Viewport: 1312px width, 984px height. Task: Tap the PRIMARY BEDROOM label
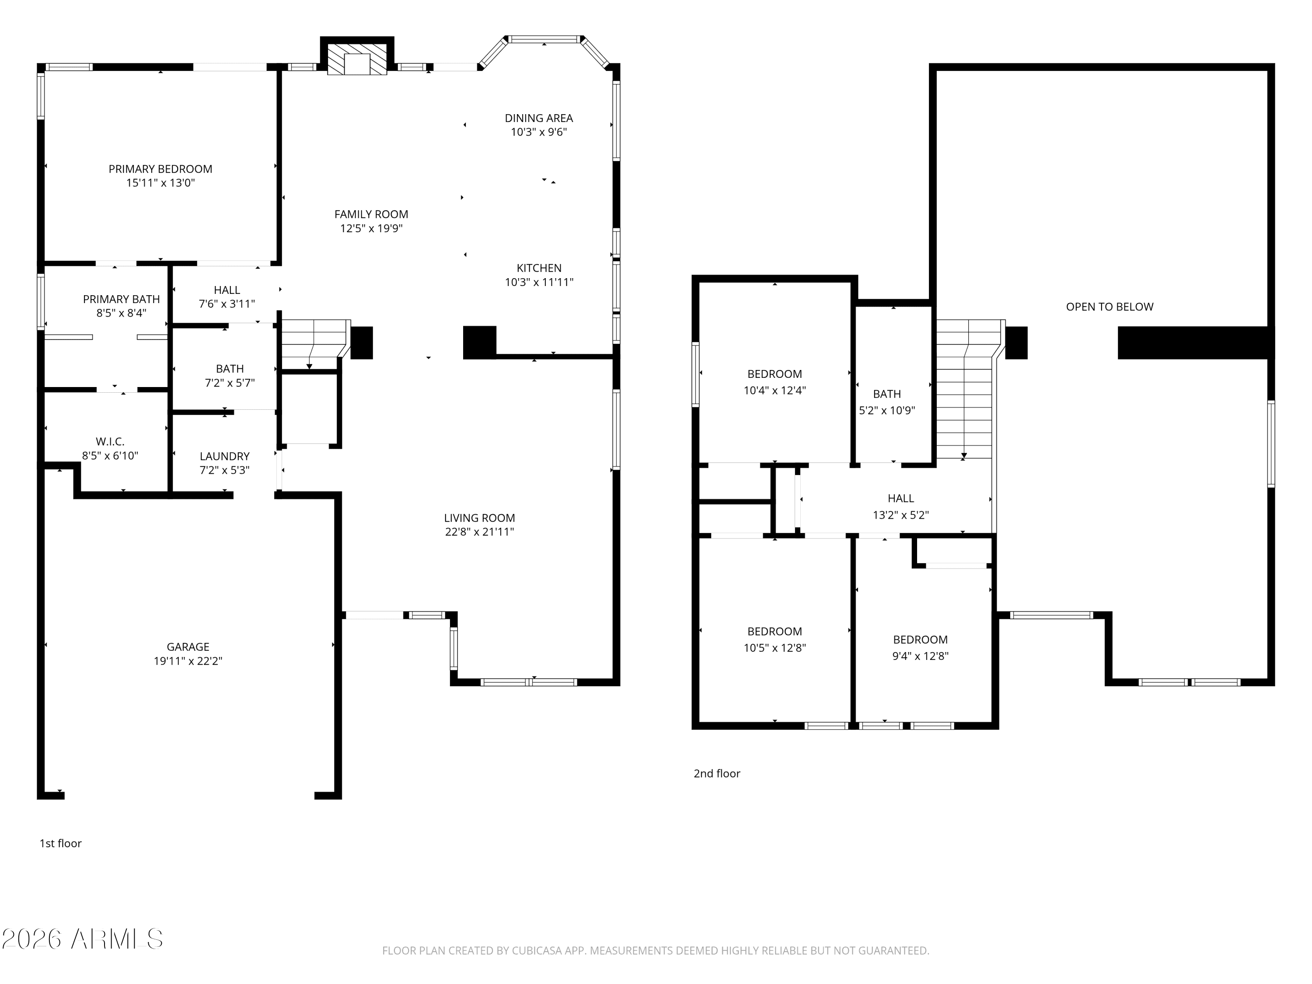[x=160, y=169]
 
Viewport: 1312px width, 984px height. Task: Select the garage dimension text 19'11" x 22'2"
[x=188, y=661]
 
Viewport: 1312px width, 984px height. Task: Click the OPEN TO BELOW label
[x=1109, y=307]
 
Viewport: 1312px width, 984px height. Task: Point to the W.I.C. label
[x=110, y=441]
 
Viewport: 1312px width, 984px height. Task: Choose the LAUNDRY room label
[x=224, y=456]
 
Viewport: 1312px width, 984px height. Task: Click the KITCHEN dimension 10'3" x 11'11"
[x=538, y=283]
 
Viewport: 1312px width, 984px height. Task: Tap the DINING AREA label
[x=538, y=118]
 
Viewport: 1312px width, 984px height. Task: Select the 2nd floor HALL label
[x=900, y=498]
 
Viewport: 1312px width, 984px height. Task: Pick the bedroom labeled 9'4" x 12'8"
[x=920, y=656]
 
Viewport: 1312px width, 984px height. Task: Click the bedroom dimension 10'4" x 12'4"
[x=775, y=390]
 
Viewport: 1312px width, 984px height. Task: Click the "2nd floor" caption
[x=716, y=774]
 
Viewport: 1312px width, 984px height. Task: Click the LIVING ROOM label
[x=479, y=518]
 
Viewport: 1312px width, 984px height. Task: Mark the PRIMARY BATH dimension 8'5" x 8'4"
[x=121, y=313]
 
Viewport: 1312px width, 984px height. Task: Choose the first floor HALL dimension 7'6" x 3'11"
[x=227, y=304]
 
